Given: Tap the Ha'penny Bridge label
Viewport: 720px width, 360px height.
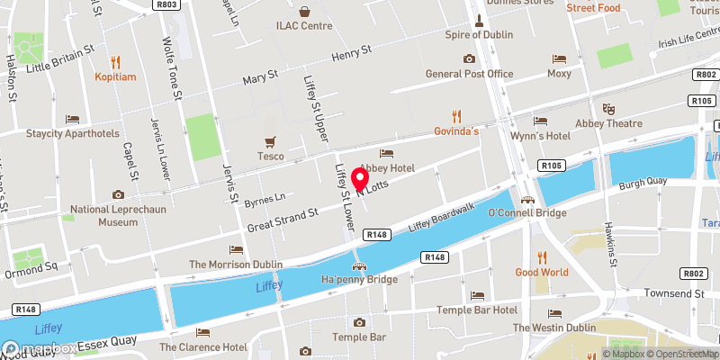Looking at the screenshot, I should (359, 280).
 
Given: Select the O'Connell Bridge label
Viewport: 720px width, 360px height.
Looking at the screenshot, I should (526, 213).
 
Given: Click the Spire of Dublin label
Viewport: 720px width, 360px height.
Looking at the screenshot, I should (479, 35).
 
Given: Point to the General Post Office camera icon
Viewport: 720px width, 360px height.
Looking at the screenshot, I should (469, 59).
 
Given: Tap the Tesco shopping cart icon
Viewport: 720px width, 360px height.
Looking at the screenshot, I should (271, 141).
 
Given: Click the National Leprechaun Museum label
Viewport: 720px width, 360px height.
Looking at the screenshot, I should (118, 215).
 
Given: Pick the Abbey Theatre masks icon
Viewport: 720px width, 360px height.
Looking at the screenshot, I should (609, 108).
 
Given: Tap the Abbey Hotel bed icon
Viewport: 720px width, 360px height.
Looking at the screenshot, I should (387, 153).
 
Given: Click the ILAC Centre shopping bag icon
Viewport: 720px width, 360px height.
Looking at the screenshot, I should (304, 12).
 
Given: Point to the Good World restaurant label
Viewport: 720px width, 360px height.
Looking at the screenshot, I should (541, 272).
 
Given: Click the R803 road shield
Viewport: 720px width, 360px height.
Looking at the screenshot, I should (164, 4).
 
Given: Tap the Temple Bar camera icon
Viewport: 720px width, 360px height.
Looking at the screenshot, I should (359, 322).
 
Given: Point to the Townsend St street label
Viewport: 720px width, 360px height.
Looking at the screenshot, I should (672, 293).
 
